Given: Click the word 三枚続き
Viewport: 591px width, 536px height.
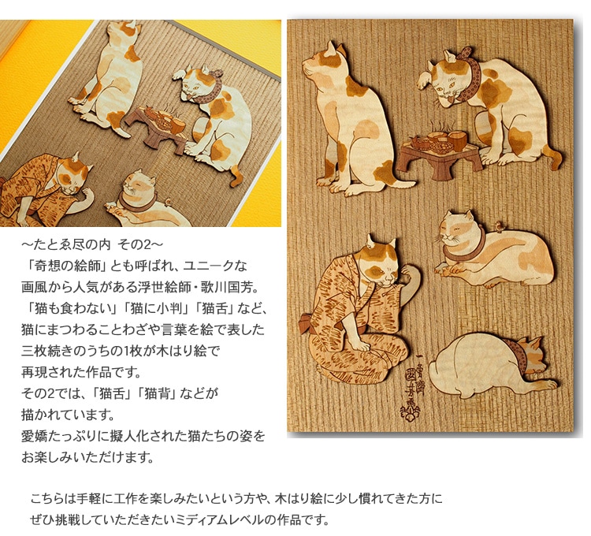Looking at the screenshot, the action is (41, 351).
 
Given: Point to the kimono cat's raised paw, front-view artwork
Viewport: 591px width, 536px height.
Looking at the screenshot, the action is (411, 274).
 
